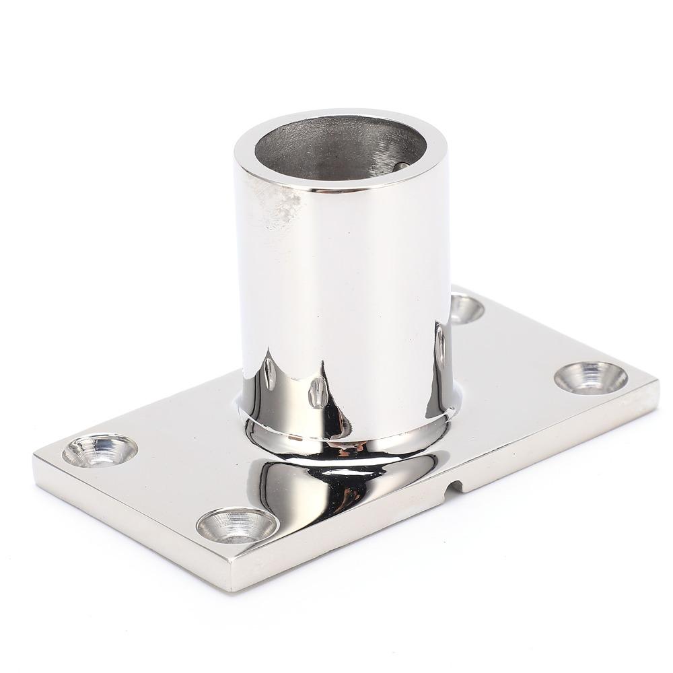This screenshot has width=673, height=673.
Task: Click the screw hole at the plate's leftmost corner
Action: (x=100, y=450)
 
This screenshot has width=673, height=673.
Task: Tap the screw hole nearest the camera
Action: (x=236, y=524)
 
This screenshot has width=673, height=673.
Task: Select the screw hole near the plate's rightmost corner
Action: (x=591, y=377)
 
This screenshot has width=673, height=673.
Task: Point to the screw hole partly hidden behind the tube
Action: (x=466, y=309)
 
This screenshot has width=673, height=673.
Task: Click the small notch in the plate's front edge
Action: (x=456, y=485)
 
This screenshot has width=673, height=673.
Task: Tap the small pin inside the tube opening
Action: (x=401, y=166)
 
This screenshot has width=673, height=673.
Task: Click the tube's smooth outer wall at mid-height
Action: (x=343, y=283)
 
